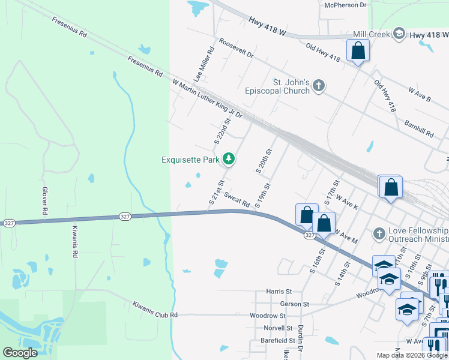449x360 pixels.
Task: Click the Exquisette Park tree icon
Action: [x=228, y=159]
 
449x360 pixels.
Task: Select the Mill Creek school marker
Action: [x=400, y=35]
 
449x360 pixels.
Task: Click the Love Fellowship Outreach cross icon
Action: [x=378, y=232]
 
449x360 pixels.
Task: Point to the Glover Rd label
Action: [x=44, y=200]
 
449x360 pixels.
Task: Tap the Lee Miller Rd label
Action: [x=204, y=65]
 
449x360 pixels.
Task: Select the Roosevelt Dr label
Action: [x=237, y=49]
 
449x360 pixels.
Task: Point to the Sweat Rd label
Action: [x=237, y=199]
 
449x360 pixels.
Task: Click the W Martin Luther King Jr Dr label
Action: [x=206, y=98]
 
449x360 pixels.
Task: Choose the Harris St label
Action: [x=279, y=291]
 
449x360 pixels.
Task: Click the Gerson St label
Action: [x=294, y=304]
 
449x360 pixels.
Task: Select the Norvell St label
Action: [x=278, y=328]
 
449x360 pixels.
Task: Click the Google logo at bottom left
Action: [x=20, y=353]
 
